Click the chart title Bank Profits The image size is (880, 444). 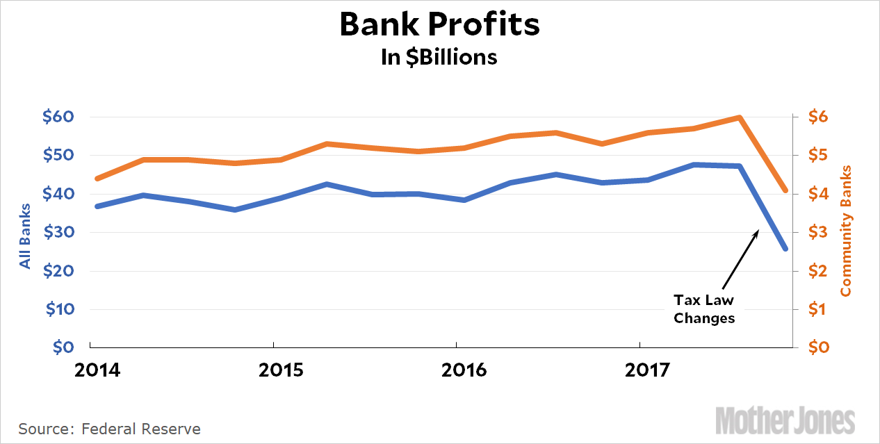(439, 25)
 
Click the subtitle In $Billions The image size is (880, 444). (439, 57)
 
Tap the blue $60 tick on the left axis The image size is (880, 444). (58, 117)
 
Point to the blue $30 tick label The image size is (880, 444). (58, 232)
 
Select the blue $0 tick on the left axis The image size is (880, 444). (64, 347)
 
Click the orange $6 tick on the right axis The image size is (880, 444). (817, 117)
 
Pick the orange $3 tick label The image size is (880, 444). (817, 232)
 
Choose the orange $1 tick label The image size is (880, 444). (817, 309)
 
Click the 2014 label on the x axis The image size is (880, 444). (97, 370)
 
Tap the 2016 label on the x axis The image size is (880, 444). (464, 370)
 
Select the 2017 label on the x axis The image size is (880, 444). (647, 370)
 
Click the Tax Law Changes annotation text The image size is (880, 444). (704, 309)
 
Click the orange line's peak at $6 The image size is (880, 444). (740, 117)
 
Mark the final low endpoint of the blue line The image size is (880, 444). (785, 249)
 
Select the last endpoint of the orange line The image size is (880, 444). (785, 190)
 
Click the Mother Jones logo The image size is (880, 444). (785, 420)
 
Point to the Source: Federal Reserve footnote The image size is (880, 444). (109, 429)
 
